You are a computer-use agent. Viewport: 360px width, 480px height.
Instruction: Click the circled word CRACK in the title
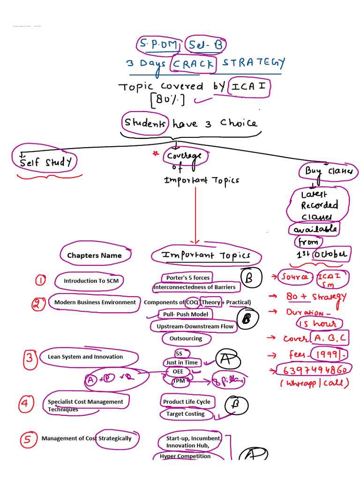194,64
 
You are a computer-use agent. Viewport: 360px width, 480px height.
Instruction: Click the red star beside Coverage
155,153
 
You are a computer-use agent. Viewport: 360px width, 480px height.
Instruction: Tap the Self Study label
46,162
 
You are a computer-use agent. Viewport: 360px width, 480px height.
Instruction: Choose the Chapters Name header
94,255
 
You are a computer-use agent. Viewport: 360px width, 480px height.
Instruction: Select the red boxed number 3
30,359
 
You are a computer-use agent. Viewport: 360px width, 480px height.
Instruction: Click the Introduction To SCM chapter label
88,281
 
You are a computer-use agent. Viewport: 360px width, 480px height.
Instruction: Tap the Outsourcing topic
186,338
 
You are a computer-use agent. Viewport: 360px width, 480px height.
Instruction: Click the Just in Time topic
181,362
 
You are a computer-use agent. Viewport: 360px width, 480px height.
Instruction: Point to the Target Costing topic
185,414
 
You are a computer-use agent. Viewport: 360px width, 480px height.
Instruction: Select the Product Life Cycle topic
187,402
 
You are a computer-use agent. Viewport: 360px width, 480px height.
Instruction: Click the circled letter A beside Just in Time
227,360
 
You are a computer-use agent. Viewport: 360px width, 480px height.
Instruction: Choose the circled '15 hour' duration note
319,323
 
